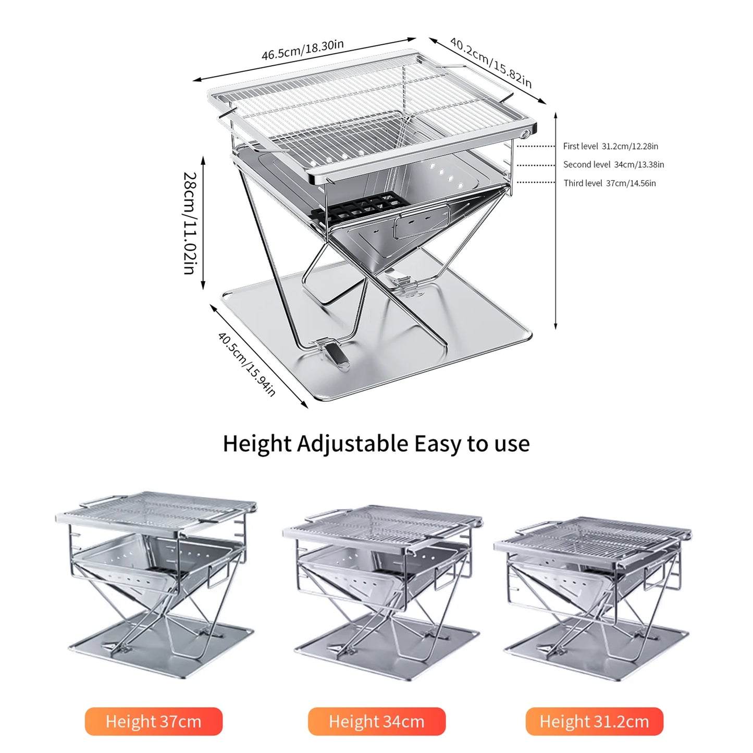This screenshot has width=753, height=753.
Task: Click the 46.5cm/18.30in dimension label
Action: (303, 50)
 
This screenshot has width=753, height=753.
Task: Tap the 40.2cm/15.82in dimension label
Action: (491, 63)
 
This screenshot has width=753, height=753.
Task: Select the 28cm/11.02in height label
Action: (190, 223)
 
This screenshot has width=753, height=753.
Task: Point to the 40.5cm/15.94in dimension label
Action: (246, 364)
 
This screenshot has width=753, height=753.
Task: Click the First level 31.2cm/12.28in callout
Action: (610, 146)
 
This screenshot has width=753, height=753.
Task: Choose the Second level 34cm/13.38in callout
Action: (613, 165)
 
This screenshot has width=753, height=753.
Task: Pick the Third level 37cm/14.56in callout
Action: (610, 183)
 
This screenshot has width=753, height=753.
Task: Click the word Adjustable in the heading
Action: (352, 445)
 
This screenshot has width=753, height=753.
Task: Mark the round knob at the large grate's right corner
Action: (525, 134)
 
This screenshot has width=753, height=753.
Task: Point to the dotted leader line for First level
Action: (536, 146)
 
